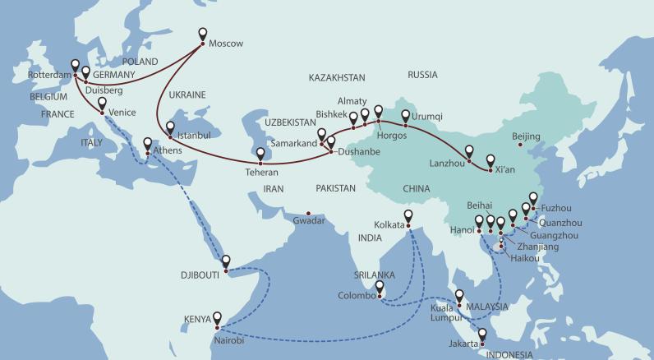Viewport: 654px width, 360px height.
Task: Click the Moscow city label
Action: (x=227, y=44)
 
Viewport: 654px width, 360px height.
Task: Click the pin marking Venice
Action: (x=102, y=104)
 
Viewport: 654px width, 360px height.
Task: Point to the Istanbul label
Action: (x=192, y=133)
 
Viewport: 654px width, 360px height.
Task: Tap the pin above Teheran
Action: (x=260, y=154)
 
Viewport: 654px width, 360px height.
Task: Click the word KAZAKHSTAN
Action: (x=337, y=77)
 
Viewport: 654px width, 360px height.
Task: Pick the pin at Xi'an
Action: (x=490, y=162)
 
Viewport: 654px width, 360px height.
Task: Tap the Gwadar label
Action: (x=309, y=220)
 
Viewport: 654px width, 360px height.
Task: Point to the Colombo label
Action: (x=357, y=296)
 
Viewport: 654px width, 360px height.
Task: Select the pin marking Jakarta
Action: (x=482, y=336)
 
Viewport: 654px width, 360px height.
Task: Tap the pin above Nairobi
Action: (x=218, y=318)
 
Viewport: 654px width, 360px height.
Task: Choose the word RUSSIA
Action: (x=422, y=74)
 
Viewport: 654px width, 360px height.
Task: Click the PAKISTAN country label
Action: (x=335, y=188)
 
